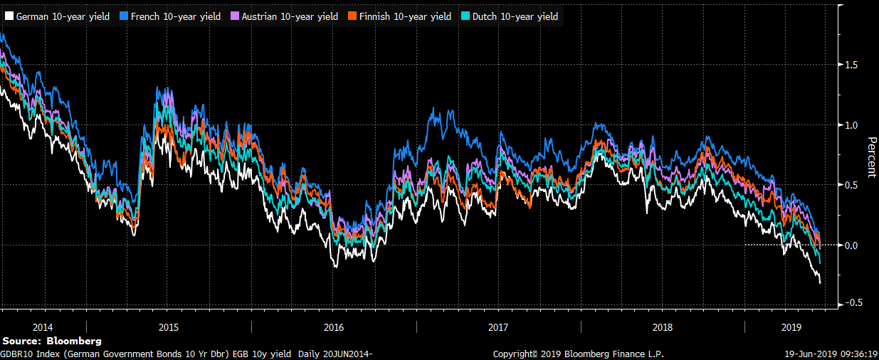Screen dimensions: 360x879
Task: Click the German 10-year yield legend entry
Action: click(x=61, y=16)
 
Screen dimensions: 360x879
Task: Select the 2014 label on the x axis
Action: click(x=43, y=327)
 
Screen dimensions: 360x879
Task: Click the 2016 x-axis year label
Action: click(x=334, y=327)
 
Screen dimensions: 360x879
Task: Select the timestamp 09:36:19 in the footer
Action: click(x=858, y=354)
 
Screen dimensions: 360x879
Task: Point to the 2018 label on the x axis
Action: click(x=663, y=327)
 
